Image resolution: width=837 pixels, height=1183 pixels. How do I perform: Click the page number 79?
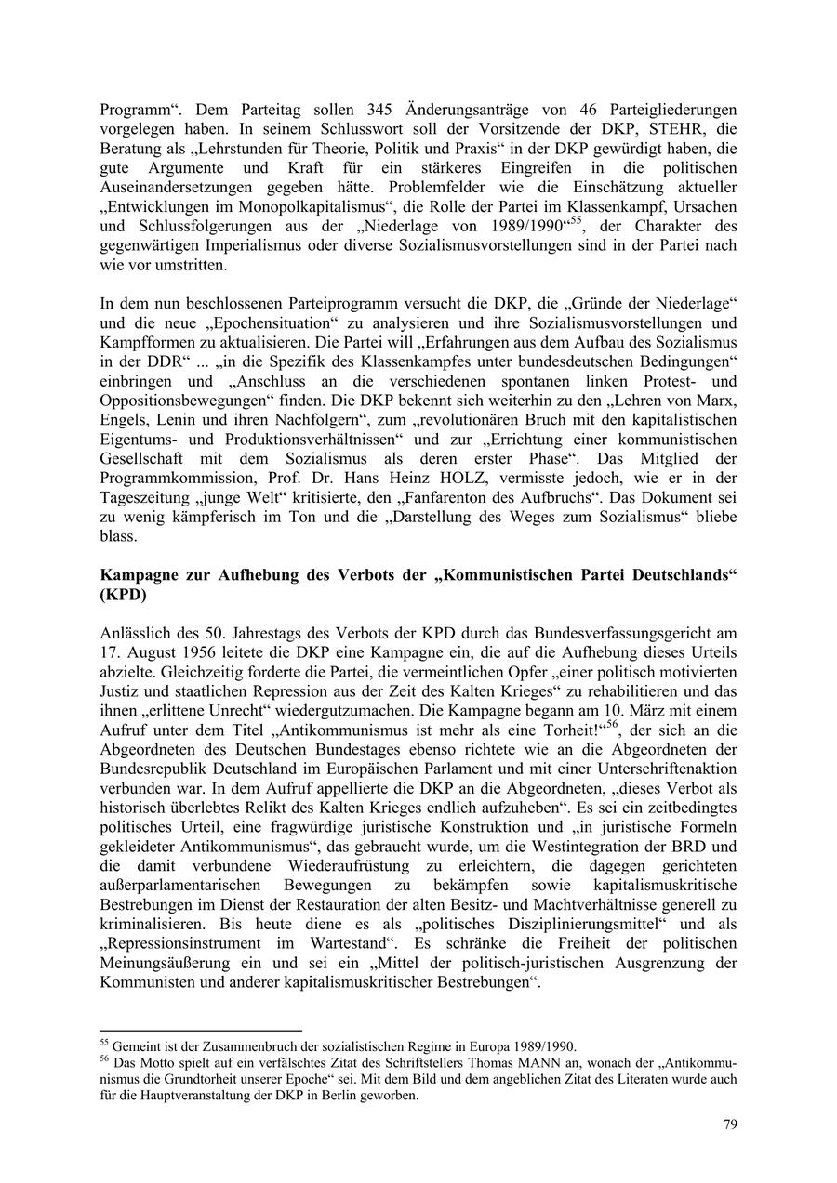pyautogui.click(x=730, y=1124)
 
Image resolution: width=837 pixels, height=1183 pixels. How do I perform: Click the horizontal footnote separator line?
pyautogui.click(x=201, y=1030)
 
